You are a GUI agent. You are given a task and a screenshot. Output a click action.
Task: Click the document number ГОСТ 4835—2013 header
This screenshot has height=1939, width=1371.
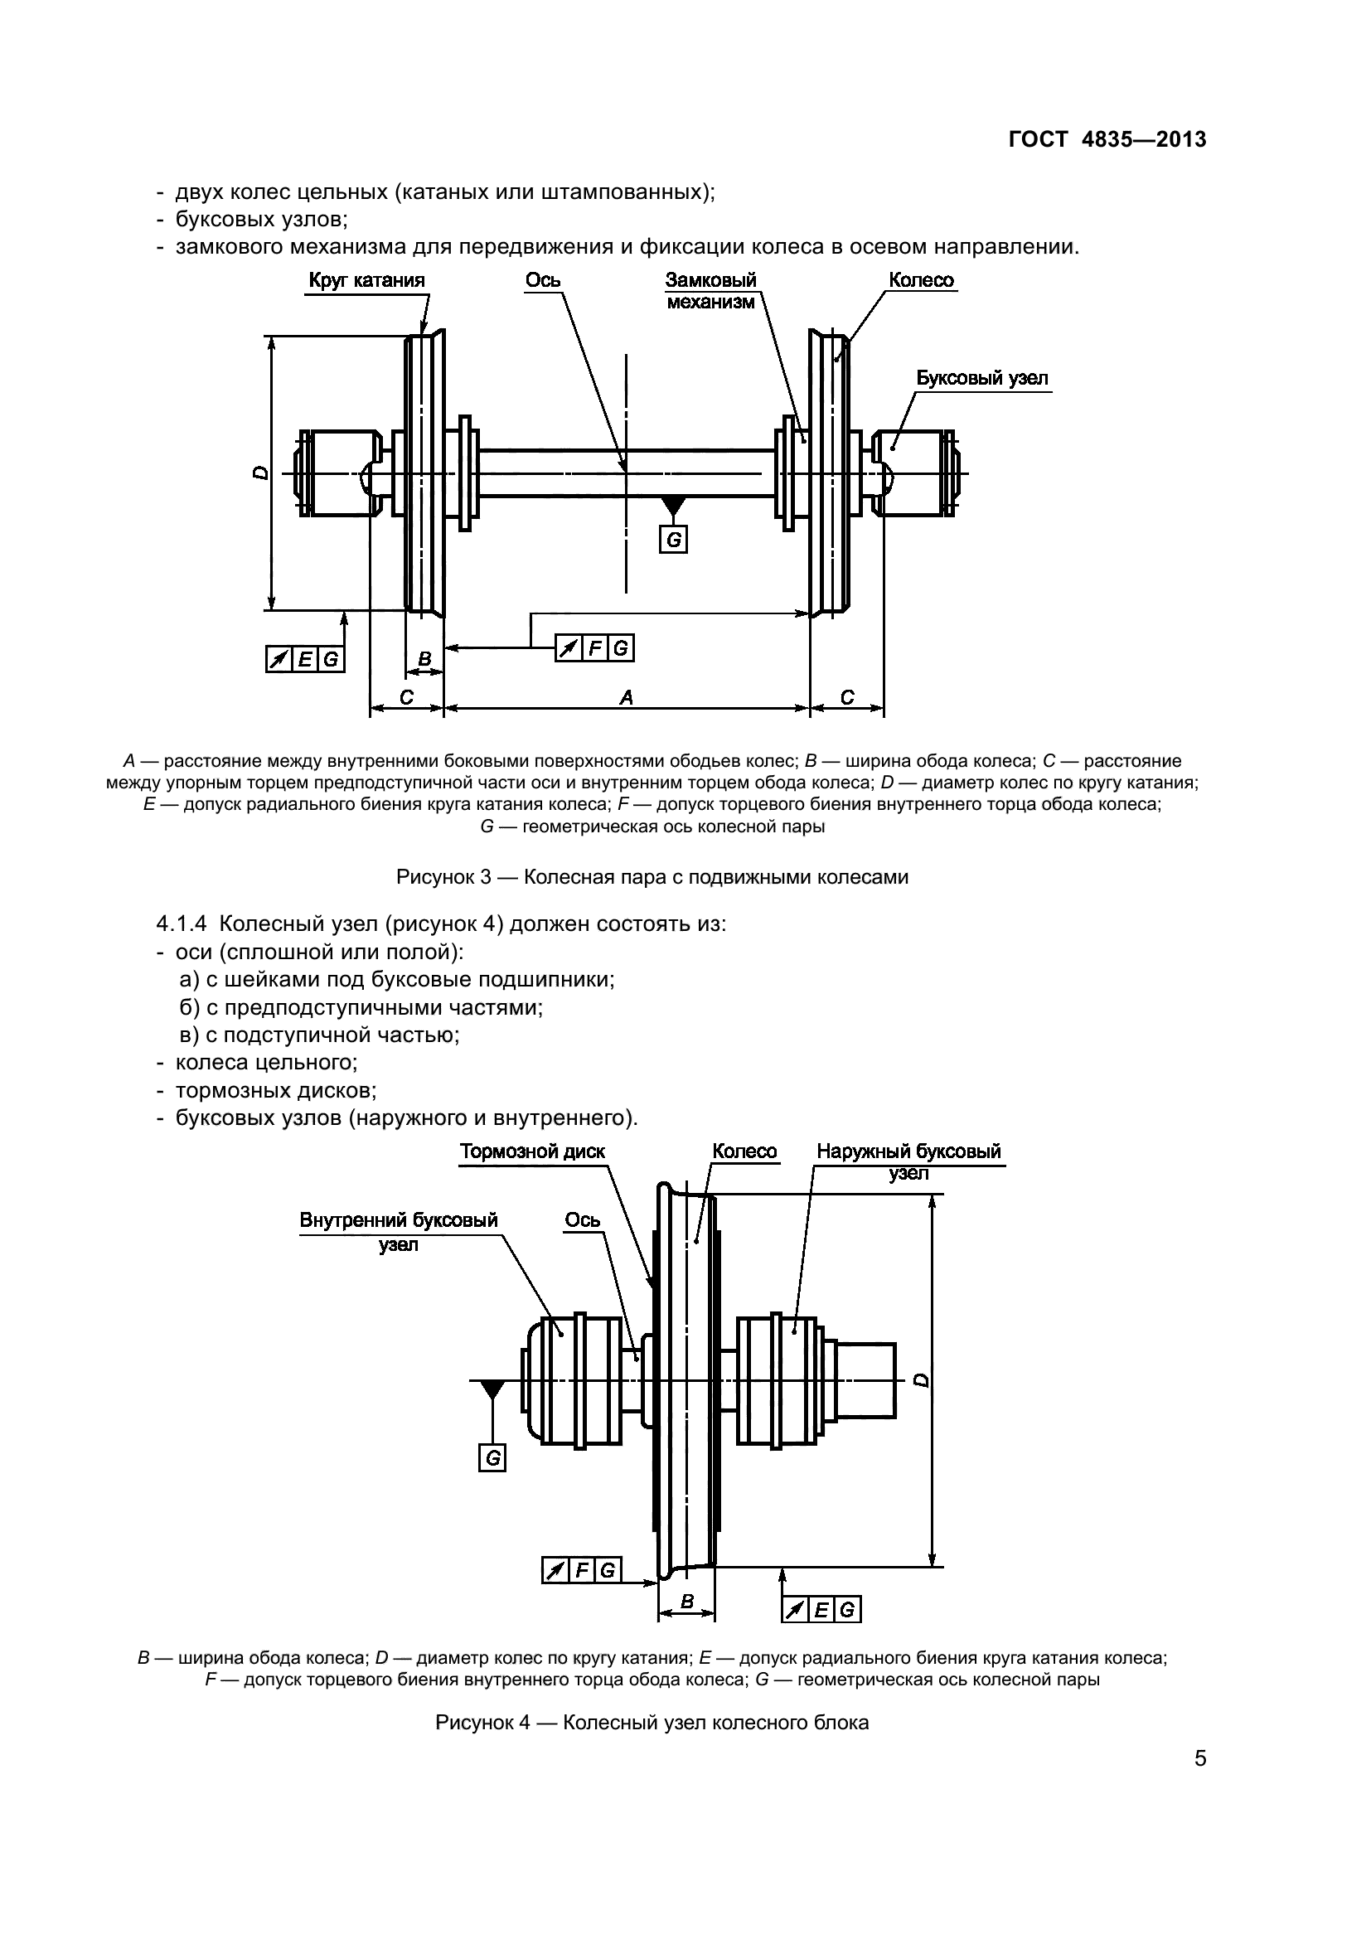[1107, 139]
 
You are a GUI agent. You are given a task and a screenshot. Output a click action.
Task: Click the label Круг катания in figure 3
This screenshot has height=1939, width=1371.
[366, 280]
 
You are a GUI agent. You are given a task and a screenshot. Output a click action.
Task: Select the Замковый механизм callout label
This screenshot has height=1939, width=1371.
[711, 291]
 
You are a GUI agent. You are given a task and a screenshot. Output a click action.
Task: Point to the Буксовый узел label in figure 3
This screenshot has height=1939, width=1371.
[983, 378]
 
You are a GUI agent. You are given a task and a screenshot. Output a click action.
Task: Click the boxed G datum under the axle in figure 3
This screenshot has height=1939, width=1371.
[674, 540]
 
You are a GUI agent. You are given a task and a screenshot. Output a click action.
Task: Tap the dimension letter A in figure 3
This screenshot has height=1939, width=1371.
[627, 696]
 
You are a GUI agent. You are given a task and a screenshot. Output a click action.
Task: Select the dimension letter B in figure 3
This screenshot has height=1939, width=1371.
[424, 659]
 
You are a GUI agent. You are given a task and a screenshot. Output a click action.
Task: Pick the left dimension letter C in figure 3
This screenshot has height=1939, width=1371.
[406, 696]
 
